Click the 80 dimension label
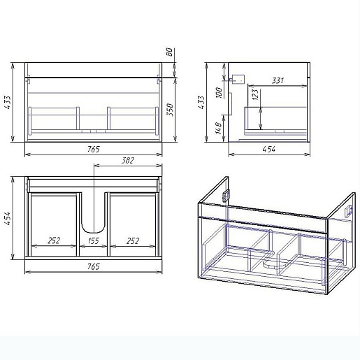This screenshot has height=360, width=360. [x=170, y=52]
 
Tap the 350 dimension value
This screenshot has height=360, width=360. [x=171, y=110]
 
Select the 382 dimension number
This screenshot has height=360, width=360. [x=128, y=161]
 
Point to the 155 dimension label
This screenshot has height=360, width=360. [x=94, y=240]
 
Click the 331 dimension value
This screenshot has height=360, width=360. [x=278, y=80]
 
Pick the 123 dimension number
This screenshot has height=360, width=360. [x=255, y=94]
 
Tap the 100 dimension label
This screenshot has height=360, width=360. [x=219, y=93]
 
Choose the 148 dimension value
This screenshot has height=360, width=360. [x=219, y=128]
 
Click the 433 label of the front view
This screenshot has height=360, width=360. [x=8, y=102]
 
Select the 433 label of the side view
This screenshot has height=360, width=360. [x=201, y=102]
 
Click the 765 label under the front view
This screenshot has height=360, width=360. [x=94, y=149]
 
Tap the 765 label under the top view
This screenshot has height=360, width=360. [x=94, y=266]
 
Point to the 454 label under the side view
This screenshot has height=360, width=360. [x=269, y=149]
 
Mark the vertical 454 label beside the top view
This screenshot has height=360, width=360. [x=8, y=218]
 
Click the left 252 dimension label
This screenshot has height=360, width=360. [x=54, y=240]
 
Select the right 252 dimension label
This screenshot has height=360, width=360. [x=133, y=240]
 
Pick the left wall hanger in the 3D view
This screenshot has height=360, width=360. [x=226, y=196]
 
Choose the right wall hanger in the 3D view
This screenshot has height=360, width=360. [x=349, y=210]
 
